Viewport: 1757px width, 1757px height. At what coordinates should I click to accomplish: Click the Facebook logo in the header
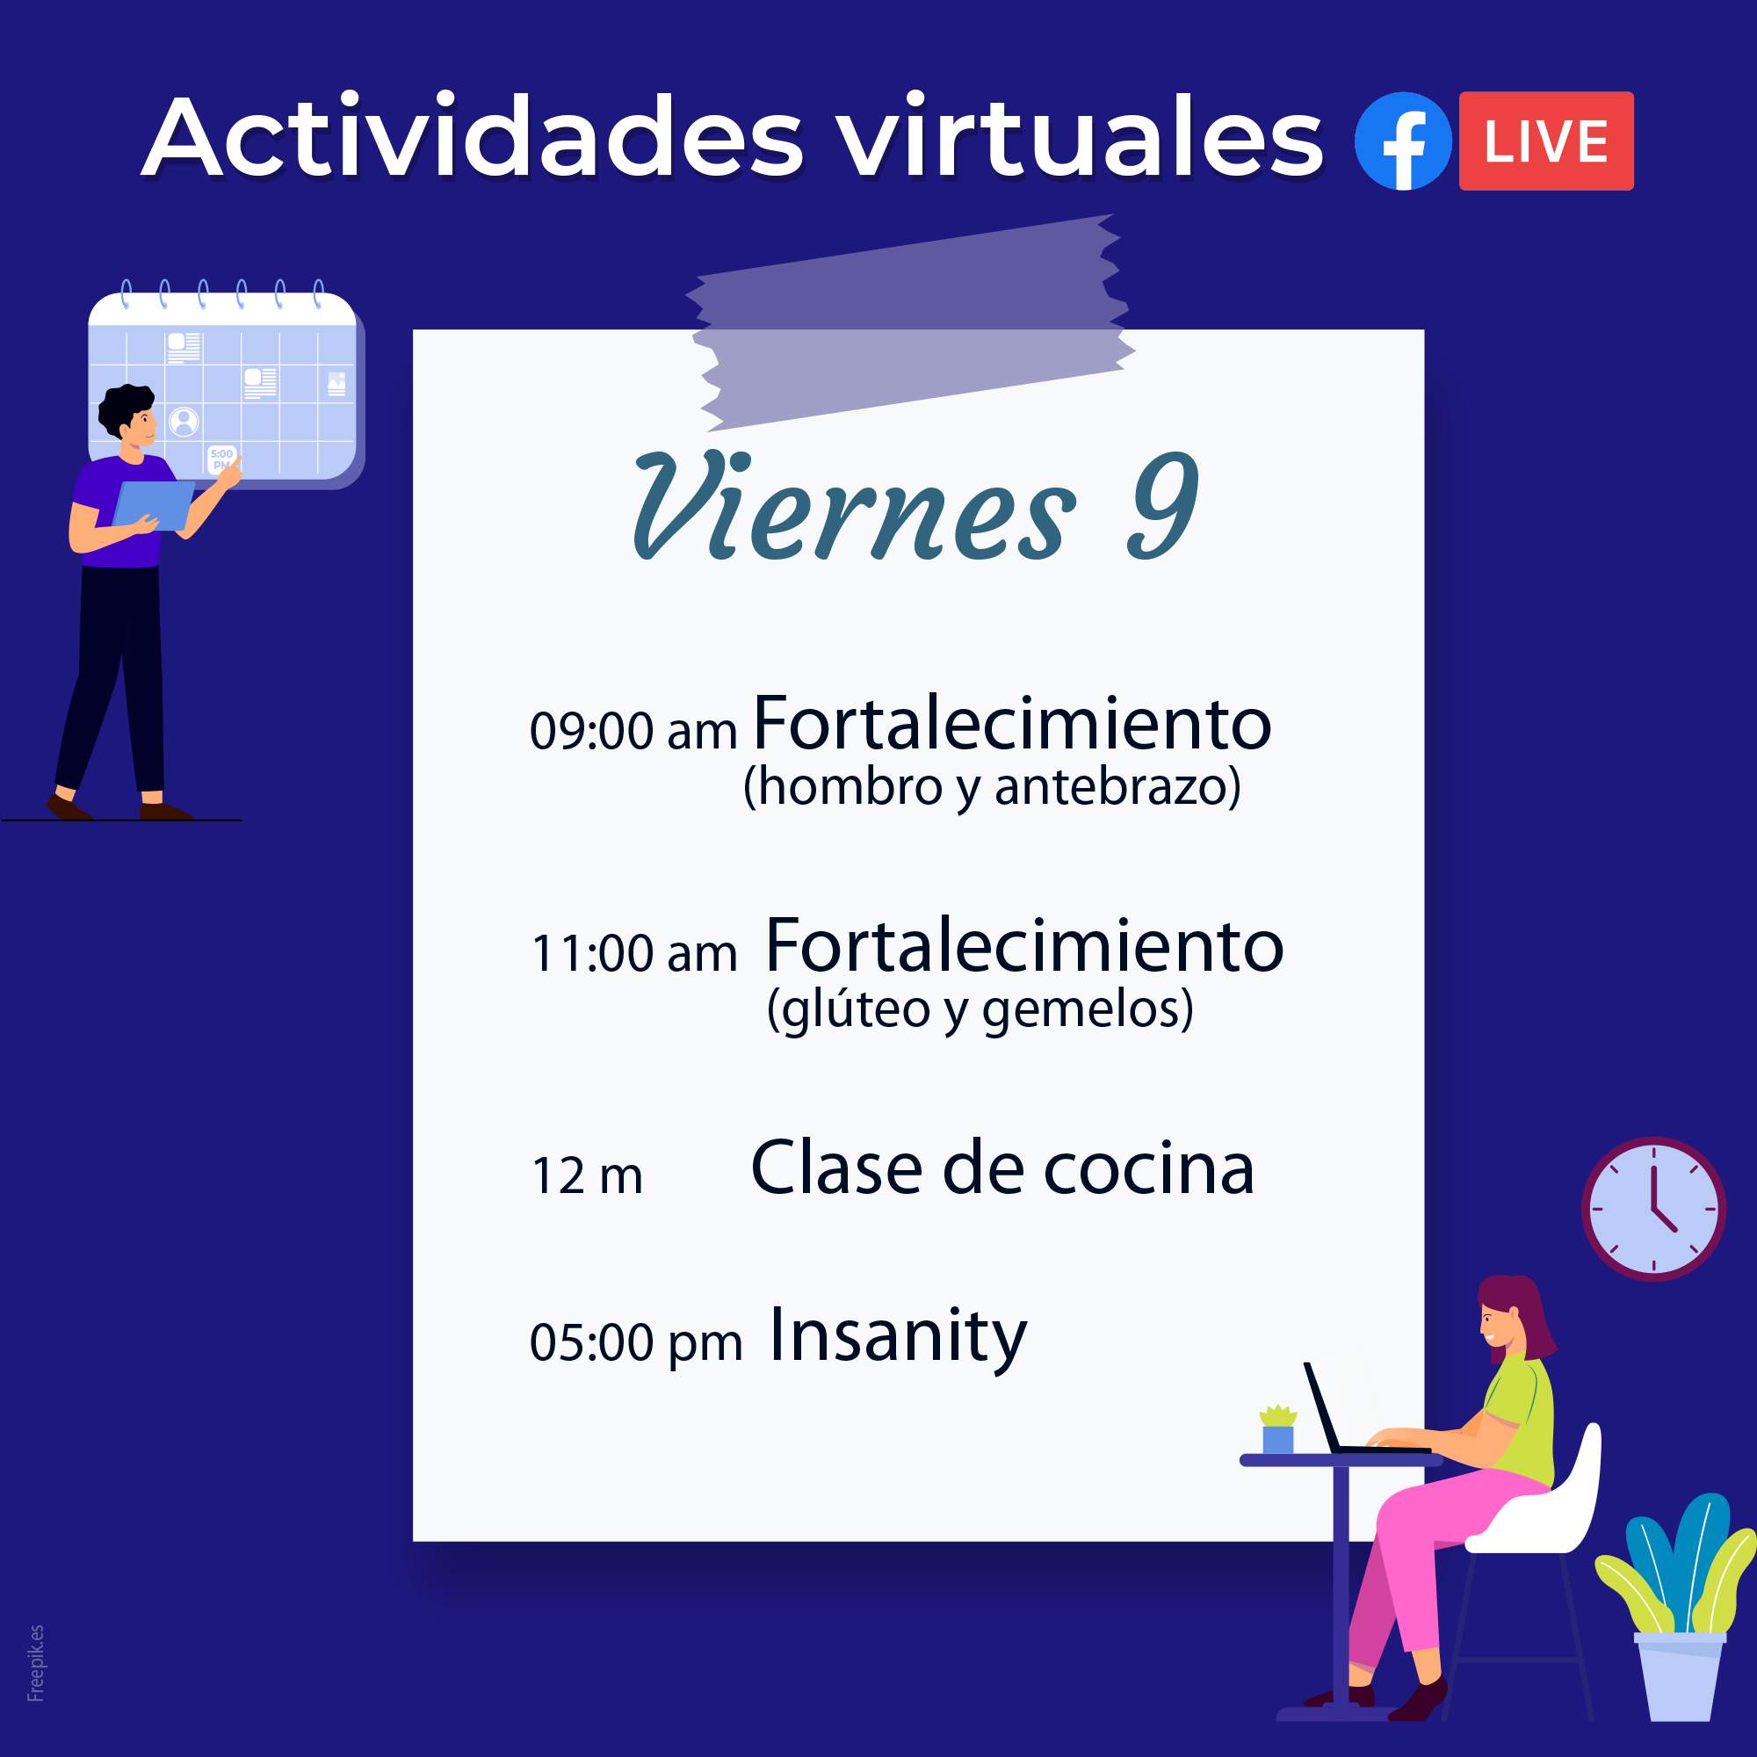pyautogui.click(x=1402, y=141)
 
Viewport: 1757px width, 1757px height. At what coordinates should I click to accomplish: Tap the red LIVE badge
pyautogui.click(x=1546, y=141)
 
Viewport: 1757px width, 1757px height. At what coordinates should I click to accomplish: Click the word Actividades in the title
pyautogui.click(x=473, y=136)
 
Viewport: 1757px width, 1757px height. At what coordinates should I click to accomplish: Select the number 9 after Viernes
pyautogui.click(x=1163, y=505)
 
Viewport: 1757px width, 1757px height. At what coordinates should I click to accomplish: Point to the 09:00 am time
pyautogui.click(x=633, y=730)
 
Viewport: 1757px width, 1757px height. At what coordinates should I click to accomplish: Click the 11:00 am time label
pyautogui.click(x=634, y=953)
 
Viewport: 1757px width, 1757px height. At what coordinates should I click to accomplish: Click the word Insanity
pyautogui.click(x=898, y=1337)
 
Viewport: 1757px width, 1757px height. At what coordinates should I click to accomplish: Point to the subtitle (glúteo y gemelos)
pyautogui.click(x=980, y=1009)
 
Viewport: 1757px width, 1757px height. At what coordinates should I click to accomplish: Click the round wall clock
pyautogui.click(x=1653, y=1209)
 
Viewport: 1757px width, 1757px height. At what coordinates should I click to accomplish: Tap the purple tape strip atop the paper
pyautogui.click(x=910, y=322)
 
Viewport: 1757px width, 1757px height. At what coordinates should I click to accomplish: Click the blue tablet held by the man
pyautogui.click(x=153, y=506)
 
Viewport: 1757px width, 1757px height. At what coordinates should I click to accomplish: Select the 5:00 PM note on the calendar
pyautogui.click(x=222, y=459)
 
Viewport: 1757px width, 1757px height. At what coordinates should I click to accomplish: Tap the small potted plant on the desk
pyautogui.click(x=1277, y=1428)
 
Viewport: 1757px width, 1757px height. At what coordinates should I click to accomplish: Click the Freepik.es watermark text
pyautogui.click(x=35, y=1662)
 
